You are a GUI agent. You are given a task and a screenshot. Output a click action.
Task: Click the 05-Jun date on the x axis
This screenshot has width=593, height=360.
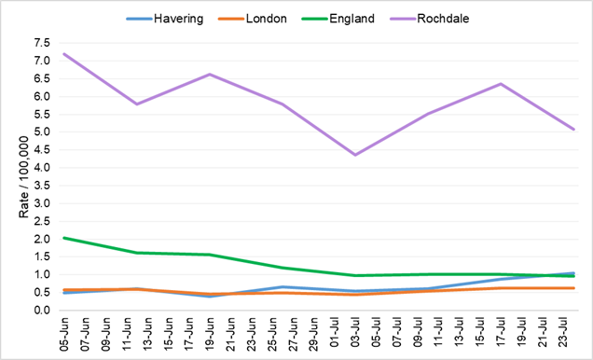tap(62, 334)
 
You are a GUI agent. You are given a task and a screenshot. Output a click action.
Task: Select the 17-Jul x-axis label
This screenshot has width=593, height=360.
tap(501, 334)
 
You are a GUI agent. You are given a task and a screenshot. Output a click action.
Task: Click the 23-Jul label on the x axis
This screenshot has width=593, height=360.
tap(573, 334)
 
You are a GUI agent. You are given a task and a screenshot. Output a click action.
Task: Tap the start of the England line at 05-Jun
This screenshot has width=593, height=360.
tap(62, 238)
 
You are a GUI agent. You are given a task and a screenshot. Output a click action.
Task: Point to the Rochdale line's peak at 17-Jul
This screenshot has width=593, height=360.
tap(501, 84)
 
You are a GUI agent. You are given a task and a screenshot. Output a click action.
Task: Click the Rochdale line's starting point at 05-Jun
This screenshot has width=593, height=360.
tap(62, 54)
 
